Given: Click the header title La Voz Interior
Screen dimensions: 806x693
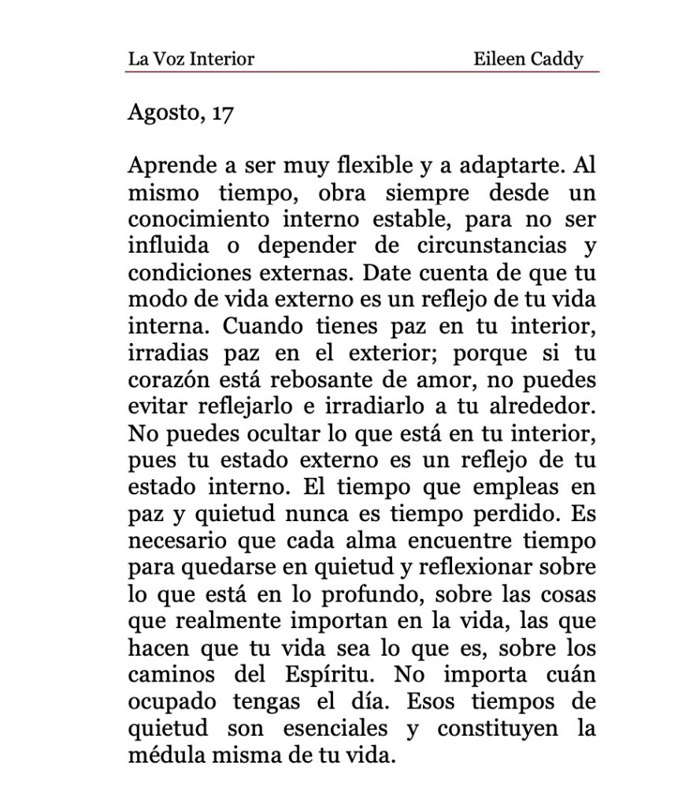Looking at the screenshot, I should [x=191, y=59].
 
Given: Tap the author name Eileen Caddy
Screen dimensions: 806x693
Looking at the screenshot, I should [x=528, y=59].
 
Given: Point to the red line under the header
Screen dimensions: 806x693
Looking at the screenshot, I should [x=361, y=72].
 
